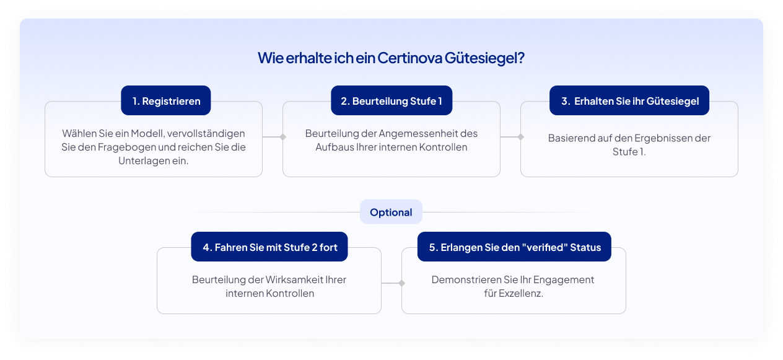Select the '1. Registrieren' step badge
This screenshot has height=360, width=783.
pos(166,101)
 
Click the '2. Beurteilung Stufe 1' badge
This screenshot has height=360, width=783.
pos(391,101)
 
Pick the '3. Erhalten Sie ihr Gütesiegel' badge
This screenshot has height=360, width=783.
pos(629,101)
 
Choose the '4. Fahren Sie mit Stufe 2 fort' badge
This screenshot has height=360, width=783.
pos(269,247)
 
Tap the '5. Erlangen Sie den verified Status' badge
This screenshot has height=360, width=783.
pos(514,247)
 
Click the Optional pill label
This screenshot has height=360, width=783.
pos(391,212)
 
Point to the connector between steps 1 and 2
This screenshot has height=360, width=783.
pos(273,136)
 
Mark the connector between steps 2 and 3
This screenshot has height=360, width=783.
pos(511,136)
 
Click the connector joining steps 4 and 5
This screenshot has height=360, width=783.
pos(392,283)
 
